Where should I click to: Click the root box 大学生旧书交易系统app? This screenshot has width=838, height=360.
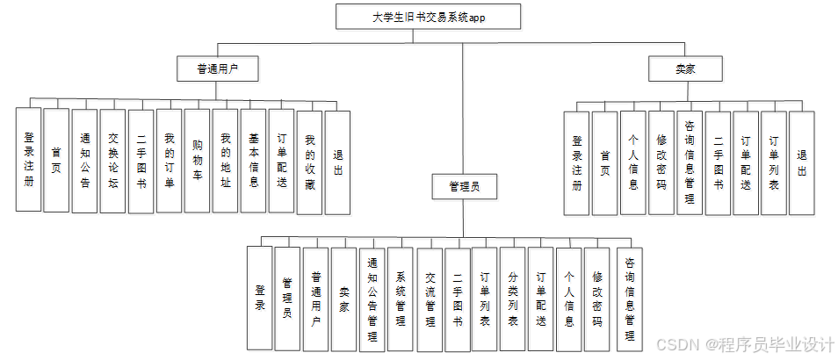pyautogui.click(x=428, y=17)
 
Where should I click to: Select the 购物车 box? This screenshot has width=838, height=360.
pyautogui.click(x=197, y=161)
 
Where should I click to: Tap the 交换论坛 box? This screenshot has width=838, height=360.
pyautogui.click(x=112, y=161)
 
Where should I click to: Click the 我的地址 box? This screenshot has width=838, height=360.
pyautogui.click(x=225, y=161)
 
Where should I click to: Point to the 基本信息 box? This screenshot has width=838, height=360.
pyautogui.click(x=253, y=161)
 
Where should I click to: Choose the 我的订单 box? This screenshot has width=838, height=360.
pyautogui.click(x=169, y=161)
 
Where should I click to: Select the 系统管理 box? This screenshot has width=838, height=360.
pyautogui.click(x=401, y=299)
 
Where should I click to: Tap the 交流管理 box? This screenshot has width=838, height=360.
pyautogui.click(x=429, y=299)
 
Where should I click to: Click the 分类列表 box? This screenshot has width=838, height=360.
pyautogui.click(x=513, y=299)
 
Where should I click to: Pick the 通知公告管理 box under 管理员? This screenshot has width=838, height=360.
pyautogui.click(x=372, y=299)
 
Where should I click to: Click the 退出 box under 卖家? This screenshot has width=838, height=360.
pyautogui.click(x=801, y=163)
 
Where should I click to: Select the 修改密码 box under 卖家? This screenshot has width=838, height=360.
pyautogui.click(x=661, y=163)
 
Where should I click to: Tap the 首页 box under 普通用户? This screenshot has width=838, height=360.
pyautogui.click(x=56, y=161)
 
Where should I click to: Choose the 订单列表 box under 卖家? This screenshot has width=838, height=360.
pyautogui.click(x=773, y=163)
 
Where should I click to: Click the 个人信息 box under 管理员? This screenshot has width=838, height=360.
pyautogui.click(x=569, y=299)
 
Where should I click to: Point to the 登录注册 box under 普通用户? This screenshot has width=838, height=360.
pyautogui.click(x=28, y=161)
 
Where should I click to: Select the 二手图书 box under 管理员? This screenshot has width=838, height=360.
pyautogui.click(x=457, y=299)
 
